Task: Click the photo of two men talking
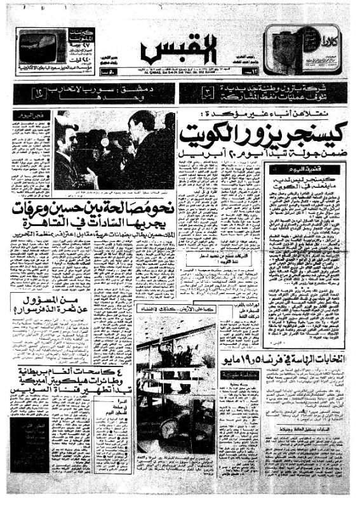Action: (x=114, y=150)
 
